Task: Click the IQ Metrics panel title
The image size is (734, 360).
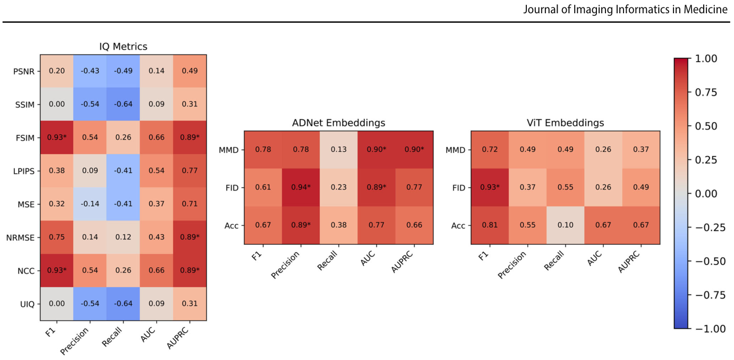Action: tap(123, 47)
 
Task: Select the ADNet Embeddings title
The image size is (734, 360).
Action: tap(338, 123)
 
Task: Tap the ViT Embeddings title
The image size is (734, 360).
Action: tap(565, 123)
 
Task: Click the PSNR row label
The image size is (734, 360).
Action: tap(23, 71)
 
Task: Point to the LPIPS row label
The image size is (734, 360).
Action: tap(23, 172)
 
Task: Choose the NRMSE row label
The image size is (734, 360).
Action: tap(20, 238)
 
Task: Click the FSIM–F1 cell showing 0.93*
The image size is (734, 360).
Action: tap(57, 138)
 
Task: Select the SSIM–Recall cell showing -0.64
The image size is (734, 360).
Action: tap(123, 104)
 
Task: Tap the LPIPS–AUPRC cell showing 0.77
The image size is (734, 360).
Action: tap(190, 170)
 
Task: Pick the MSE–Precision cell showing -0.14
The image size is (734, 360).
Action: tap(90, 204)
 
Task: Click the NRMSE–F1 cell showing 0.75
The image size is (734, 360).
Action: tap(57, 237)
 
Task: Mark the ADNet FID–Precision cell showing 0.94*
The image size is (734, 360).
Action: tap(301, 187)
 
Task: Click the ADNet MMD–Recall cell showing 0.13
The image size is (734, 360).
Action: tap(338, 150)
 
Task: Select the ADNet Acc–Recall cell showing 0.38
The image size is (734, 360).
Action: tap(338, 225)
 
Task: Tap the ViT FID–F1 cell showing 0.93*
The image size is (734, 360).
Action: tap(490, 187)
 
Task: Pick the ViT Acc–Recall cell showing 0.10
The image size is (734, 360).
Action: tap(565, 225)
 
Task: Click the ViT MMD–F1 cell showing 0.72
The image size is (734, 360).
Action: tap(490, 150)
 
